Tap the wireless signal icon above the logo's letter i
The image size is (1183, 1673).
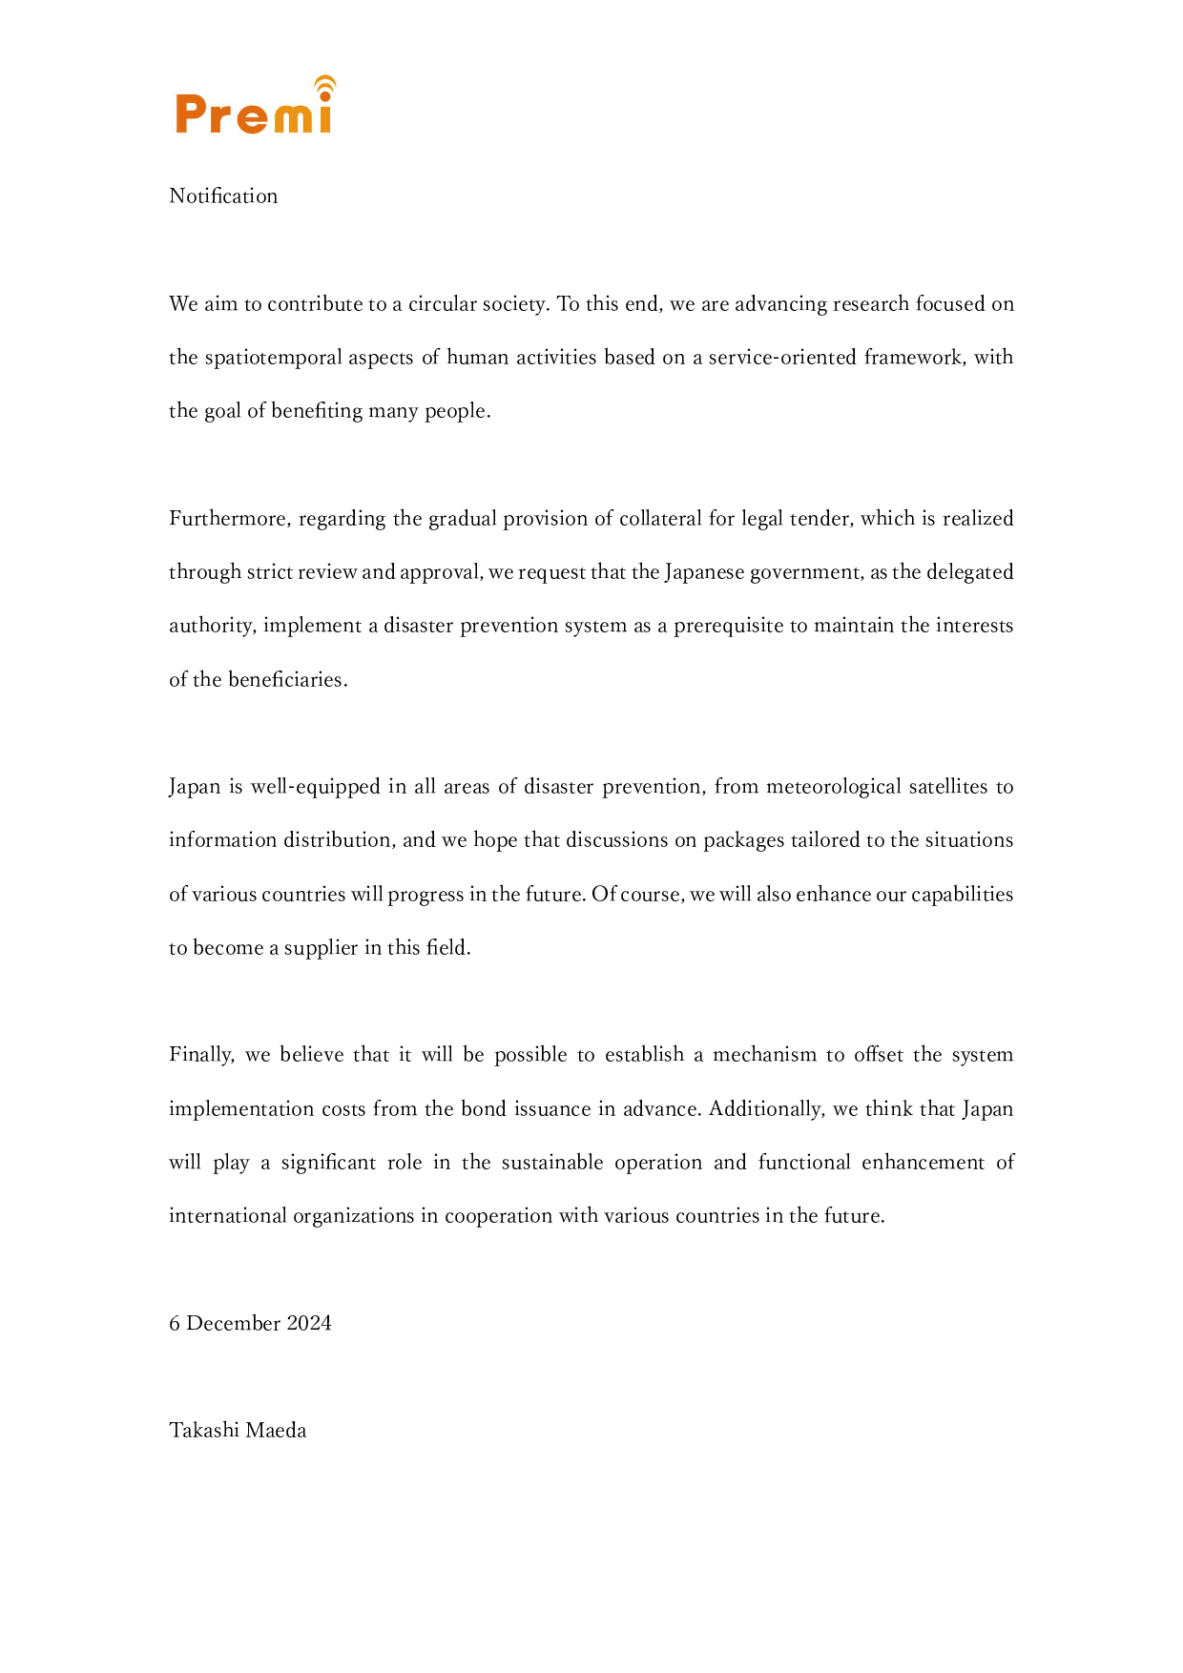point(325,87)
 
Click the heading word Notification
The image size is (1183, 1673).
point(223,196)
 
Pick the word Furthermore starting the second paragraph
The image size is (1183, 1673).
point(230,519)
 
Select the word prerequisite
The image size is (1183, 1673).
point(728,626)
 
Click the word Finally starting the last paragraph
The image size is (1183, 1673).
point(201,1055)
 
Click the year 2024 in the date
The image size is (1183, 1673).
point(309,1324)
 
